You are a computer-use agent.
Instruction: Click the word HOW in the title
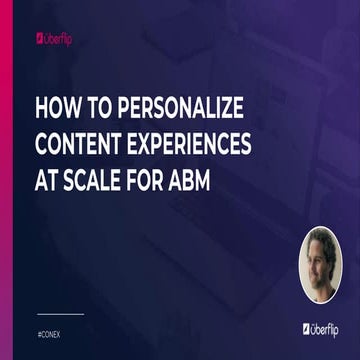coord(56,108)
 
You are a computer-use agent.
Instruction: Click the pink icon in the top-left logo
coord(39,41)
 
